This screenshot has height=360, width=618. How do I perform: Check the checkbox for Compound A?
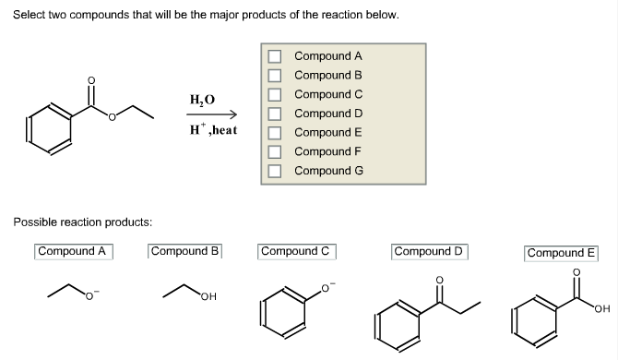(274, 56)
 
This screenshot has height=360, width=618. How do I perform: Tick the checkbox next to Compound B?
(274, 75)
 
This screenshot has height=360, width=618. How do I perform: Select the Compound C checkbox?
(274, 94)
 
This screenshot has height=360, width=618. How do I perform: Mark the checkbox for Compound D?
(274, 114)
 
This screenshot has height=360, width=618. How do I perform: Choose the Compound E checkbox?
(274, 132)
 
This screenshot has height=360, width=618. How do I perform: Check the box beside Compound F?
(274, 151)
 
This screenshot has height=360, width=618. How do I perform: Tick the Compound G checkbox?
(274, 170)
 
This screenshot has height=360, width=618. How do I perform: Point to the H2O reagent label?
(202, 100)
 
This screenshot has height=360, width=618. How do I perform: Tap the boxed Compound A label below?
(74, 251)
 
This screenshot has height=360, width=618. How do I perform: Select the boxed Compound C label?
(296, 251)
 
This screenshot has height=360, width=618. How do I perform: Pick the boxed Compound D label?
(430, 251)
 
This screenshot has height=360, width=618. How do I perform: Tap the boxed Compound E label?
(562, 252)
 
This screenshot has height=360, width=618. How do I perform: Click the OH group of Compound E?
(603, 308)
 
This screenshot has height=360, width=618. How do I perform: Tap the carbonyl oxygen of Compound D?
(438, 280)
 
